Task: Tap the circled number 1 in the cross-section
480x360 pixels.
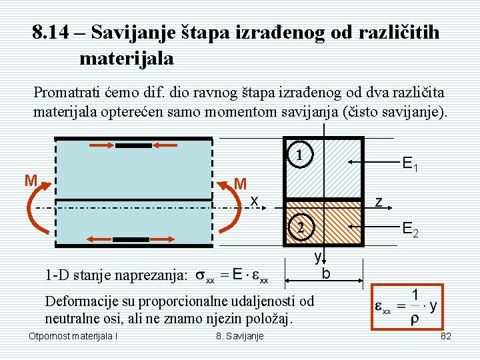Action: [x=300, y=155]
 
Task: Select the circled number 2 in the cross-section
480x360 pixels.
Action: [x=300, y=229]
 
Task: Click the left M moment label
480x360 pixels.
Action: [x=30, y=181]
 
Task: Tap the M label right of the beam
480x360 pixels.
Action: [x=241, y=183]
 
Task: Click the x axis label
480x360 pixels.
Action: [x=254, y=200]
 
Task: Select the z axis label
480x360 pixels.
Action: [x=378, y=200]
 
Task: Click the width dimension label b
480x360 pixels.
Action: [x=325, y=273]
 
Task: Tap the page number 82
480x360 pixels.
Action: [x=446, y=336]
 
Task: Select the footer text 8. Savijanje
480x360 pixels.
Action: [x=240, y=336]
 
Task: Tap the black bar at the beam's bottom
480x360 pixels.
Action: [x=131, y=239]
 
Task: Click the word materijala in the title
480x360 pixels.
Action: [x=127, y=59]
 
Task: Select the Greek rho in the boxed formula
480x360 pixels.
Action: [x=415, y=320]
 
